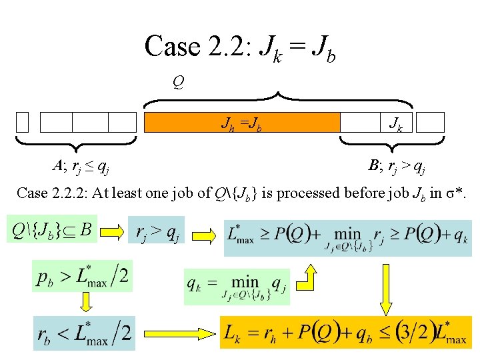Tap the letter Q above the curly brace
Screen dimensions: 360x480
(x=178, y=83)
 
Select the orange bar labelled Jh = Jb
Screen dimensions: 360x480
(x=242, y=122)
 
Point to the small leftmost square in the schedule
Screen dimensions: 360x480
(x=23, y=122)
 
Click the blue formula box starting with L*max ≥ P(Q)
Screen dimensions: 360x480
(x=347, y=237)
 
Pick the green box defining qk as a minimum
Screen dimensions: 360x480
(x=236, y=286)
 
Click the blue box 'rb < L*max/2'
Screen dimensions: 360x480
(x=85, y=332)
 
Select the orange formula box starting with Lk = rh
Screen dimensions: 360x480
(x=345, y=332)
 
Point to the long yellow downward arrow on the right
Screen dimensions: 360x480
(x=388, y=287)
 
